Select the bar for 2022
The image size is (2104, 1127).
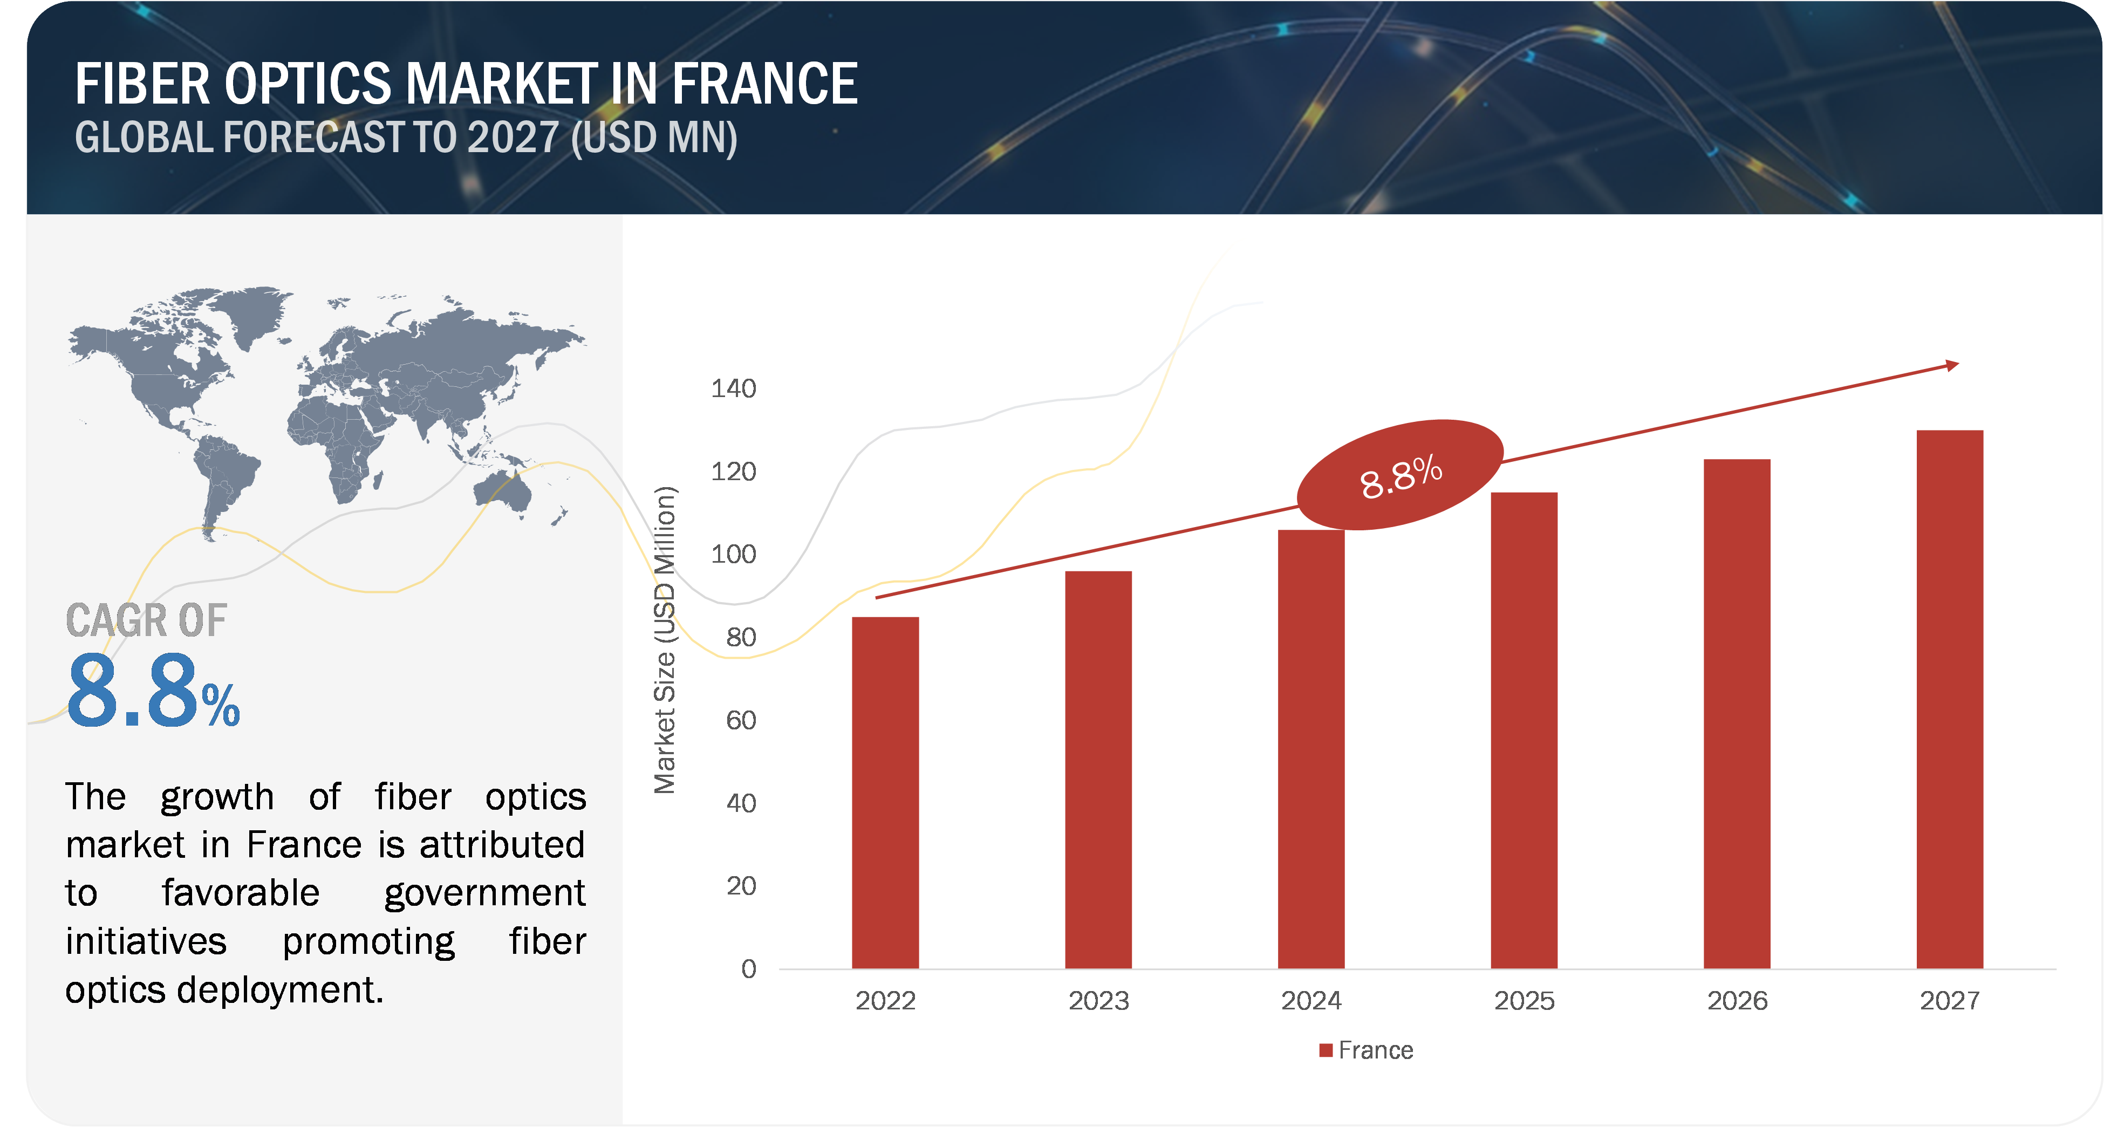[885, 792]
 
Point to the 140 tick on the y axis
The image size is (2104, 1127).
[734, 389]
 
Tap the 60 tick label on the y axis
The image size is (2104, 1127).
[741, 720]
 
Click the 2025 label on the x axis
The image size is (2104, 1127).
[1524, 1000]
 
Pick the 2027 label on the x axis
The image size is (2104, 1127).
[1950, 1000]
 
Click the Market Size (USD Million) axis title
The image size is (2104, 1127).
[665, 640]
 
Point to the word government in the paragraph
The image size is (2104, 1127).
[484, 893]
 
